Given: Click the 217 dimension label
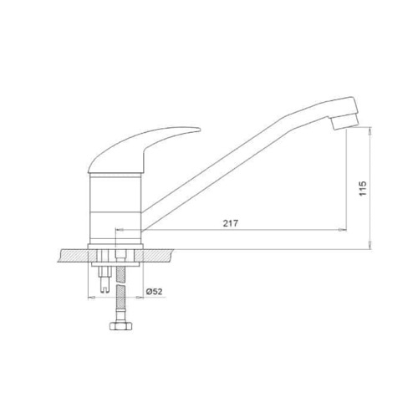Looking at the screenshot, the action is (231, 223).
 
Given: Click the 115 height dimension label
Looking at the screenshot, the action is (363, 188).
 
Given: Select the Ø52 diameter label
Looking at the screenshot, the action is (154, 292).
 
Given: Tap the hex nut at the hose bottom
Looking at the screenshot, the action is (120, 326).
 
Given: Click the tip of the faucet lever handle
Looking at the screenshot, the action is (200, 129).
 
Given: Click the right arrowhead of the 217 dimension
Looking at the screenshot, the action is (344, 230).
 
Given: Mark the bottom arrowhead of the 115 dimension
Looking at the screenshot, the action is (370, 246).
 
